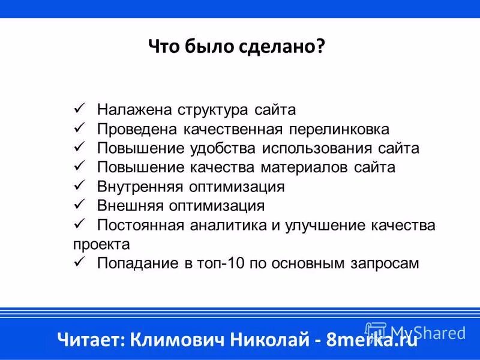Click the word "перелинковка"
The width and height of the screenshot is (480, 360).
pyautogui.click(x=340, y=129)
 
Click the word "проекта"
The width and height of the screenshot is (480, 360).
pyautogui.click(x=101, y=244)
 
